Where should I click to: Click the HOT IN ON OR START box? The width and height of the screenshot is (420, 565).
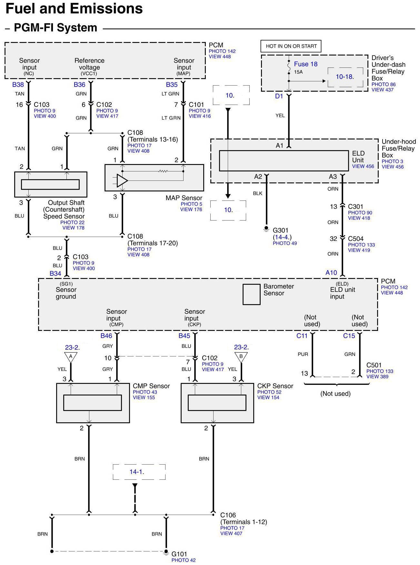pos(291,46)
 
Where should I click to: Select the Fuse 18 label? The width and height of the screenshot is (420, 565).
pos(305,64)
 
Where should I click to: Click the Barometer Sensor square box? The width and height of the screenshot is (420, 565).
pos(251,294)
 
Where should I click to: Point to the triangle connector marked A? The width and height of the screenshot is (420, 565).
pos(71,357)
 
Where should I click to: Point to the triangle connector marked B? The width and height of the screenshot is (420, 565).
pos(241,357)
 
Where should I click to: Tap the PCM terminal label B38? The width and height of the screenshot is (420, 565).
pos(18,85)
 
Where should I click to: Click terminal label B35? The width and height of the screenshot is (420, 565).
pos(172,85)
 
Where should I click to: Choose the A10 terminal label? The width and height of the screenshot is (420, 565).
pos(331,273)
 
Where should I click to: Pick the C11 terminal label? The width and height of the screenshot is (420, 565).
pos(302,336)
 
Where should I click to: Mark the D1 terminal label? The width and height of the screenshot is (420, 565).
pos(279,96)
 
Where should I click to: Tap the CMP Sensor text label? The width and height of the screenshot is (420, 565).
pos(151,386)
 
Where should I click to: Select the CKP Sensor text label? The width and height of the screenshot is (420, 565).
pos(275,386)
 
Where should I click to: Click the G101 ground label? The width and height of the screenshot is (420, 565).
pos(179,554)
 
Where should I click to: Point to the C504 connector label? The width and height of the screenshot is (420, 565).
pos(355,239)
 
